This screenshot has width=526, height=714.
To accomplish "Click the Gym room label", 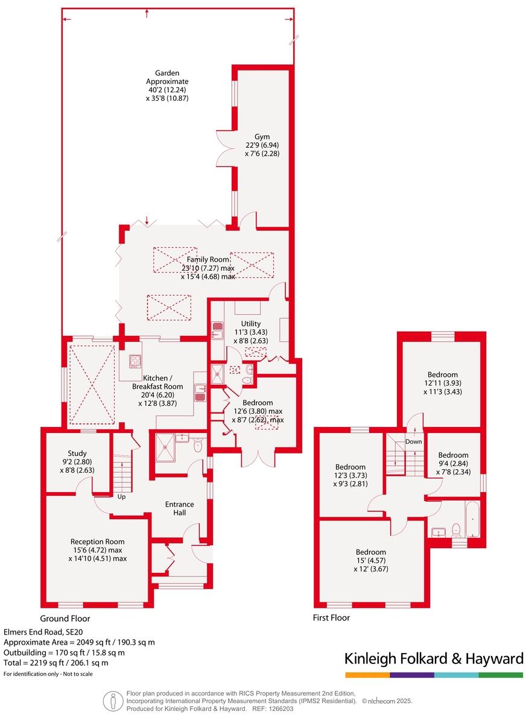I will tap(262, 136).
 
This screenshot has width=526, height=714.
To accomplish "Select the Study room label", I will tap(77, 453).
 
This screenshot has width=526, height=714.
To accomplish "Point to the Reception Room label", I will tap(97, 542).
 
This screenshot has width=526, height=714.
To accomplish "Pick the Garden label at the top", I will tap(167, 73).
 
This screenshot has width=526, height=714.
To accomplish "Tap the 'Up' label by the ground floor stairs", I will tap(121, 497).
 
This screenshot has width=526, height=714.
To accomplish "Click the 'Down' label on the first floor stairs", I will tap(414, 441).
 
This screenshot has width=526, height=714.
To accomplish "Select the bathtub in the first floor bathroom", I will tap(472, 520).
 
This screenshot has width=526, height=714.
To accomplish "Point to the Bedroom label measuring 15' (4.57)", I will tap(370, 552).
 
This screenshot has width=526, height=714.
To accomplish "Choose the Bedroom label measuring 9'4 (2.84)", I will tap(453, 455).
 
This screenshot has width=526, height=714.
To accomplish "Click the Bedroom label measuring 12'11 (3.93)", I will tap(442, 374).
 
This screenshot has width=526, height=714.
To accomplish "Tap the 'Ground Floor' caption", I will tap(65, 618).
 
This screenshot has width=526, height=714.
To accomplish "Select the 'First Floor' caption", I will tap(331, 618).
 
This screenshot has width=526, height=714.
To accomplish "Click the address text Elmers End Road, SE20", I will tap(43, 631).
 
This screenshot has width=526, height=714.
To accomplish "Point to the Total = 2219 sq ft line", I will tap(56, 663).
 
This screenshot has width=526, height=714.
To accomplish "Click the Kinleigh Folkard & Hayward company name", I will tap(433, 659).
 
